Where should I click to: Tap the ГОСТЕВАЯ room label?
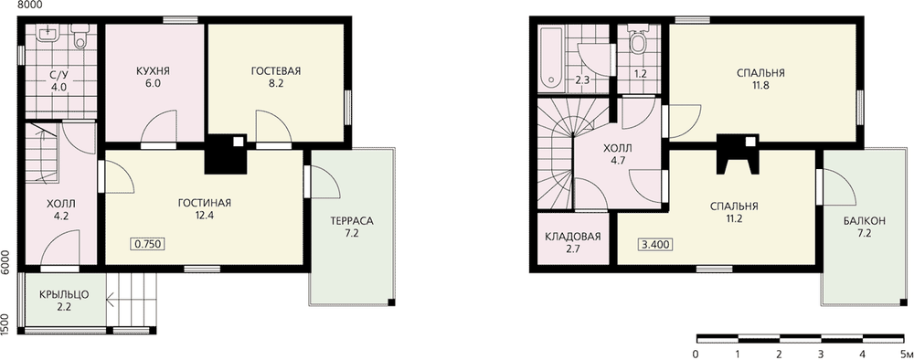coord(276,71)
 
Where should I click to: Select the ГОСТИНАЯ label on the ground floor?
coord(205,203)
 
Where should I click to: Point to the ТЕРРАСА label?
coord(351,221)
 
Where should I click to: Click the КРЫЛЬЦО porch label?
coord(64,294)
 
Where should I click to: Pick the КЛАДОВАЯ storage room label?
coord(572,237)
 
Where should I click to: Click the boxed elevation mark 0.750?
coord(147,244)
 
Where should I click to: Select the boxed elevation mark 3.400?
coord(656,244)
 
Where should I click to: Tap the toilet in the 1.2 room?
coord(640,39)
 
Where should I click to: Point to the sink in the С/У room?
coord(45,33)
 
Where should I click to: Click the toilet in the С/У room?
coord(80,37)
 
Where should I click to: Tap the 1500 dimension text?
coord(5,323)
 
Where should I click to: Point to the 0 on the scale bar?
coord(696,353)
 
